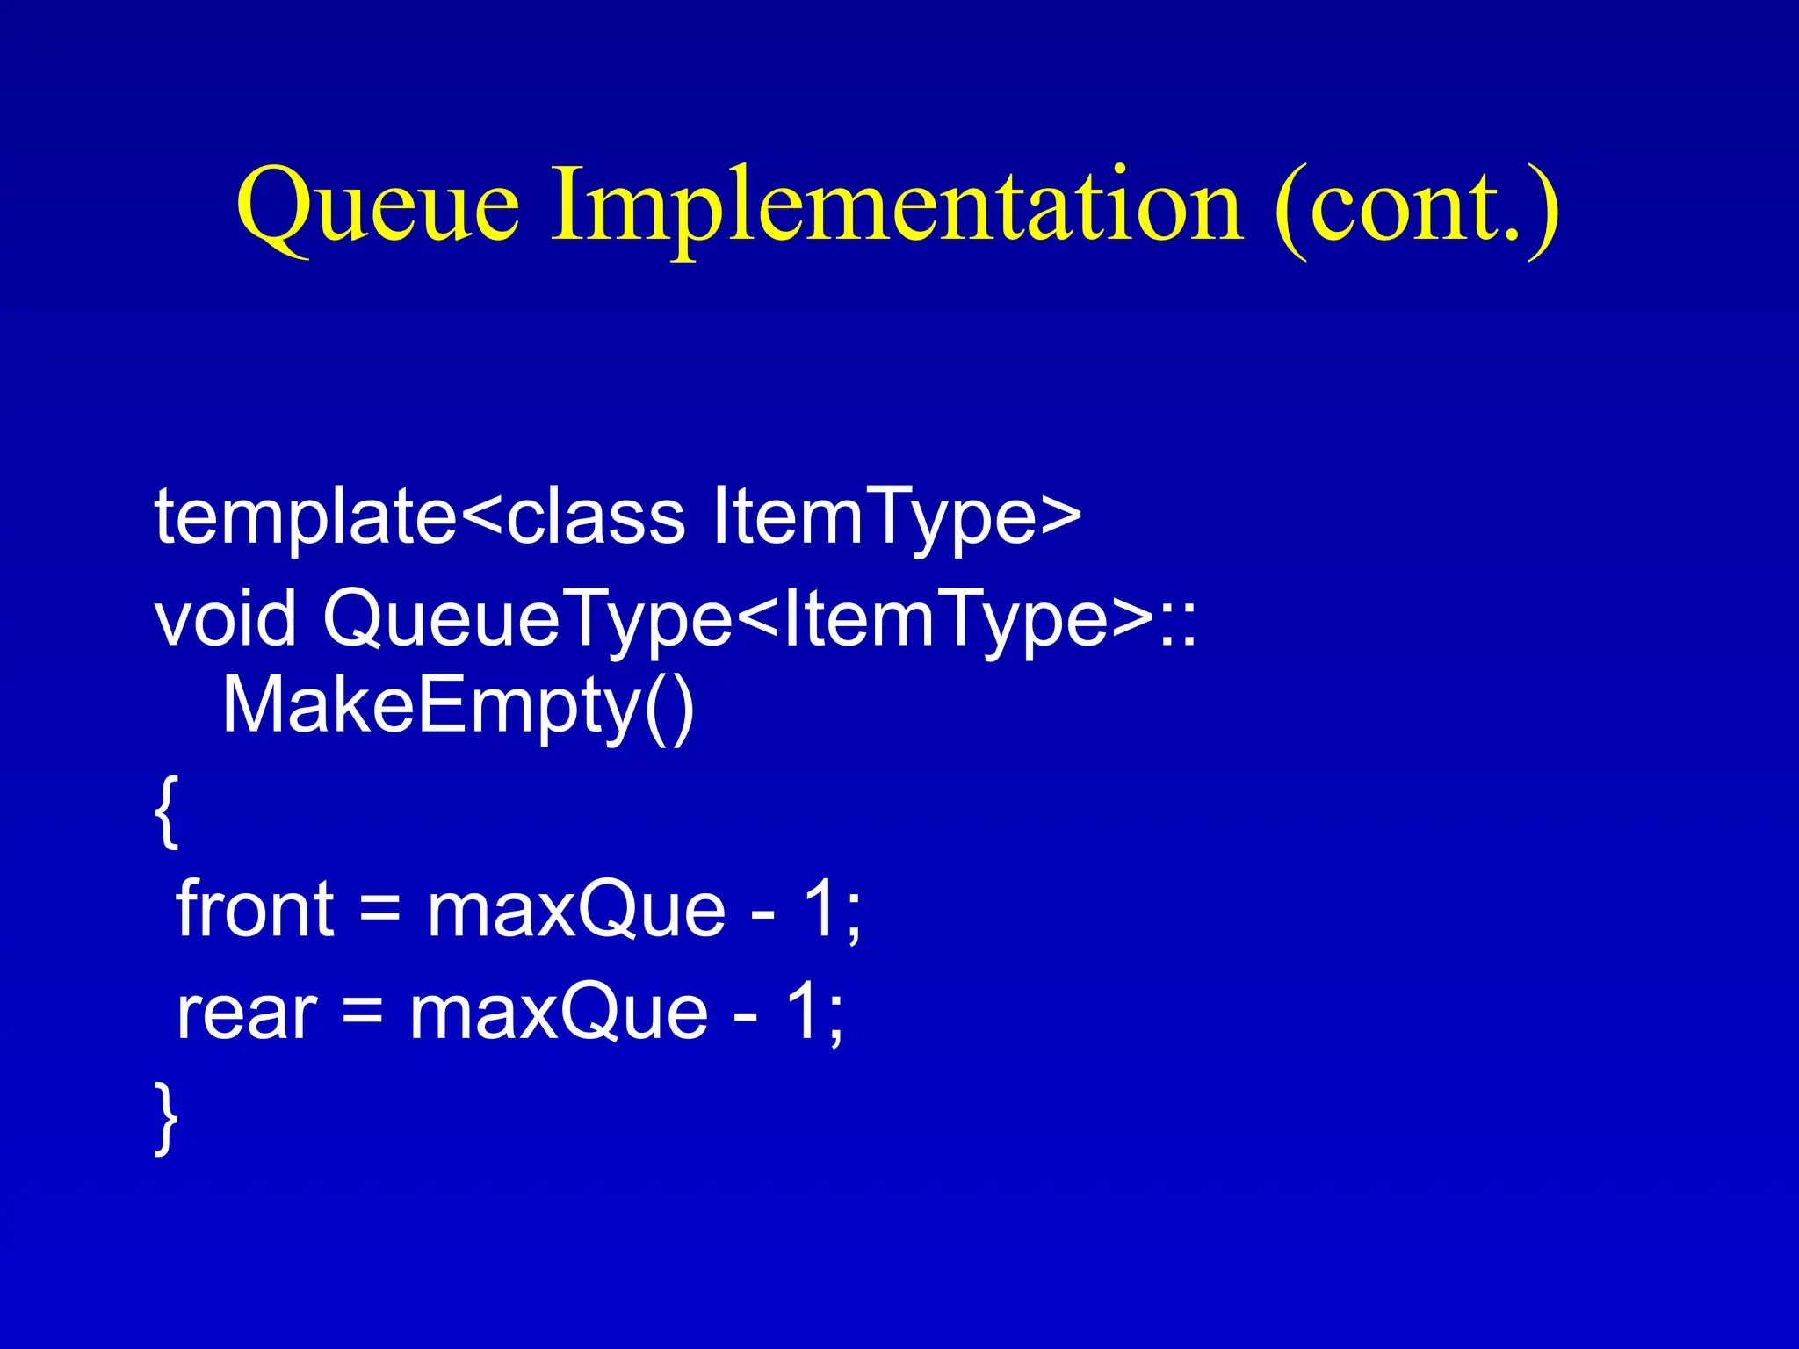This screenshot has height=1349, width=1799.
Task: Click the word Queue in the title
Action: (x=378, y=207)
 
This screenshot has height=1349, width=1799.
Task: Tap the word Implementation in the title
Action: (x=896, y=207)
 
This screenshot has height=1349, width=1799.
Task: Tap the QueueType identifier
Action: (x=527, y=619)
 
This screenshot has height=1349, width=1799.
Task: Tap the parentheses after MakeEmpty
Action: (x=669, y=707)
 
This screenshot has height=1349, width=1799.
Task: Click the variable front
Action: (x=255, y=910)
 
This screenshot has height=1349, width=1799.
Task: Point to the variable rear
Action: (x=246, y=1014)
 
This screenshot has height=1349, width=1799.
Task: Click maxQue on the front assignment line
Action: (x=575, y=910)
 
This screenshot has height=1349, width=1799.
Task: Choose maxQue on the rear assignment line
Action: (x=559, y=1014)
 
